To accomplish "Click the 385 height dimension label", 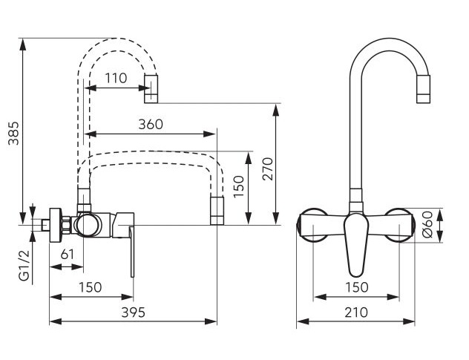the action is click(13, 133).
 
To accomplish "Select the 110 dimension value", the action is click(116, 79).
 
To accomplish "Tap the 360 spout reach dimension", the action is click(151, 124).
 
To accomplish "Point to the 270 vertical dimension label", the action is click(268, 168).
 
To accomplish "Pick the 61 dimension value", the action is click(67, 255).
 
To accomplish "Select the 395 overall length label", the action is click(133, 312).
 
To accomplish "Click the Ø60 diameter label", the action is click(428, 224).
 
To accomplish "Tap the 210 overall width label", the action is click(356, 312).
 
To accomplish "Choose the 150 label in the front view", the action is click(356, 287).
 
